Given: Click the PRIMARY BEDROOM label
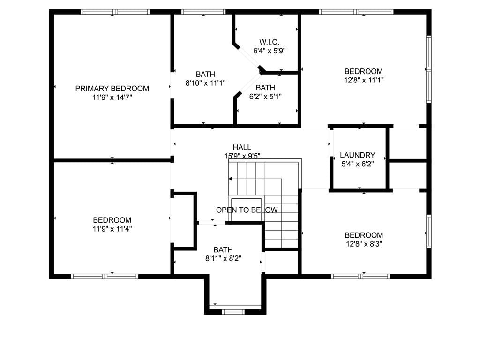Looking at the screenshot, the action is click(112, 89).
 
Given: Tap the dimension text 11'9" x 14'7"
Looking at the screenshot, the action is click(112, 97).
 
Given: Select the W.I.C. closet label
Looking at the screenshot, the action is click(269, 42).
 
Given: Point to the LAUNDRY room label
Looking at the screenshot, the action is click(357, 155).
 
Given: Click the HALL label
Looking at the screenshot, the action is click(242, 147).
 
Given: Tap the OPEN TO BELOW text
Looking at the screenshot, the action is click(247, 210).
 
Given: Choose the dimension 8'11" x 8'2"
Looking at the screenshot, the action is click(223, 258).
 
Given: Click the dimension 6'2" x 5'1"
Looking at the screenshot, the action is click(265, 97).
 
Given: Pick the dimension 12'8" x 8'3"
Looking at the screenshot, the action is click(364, 244).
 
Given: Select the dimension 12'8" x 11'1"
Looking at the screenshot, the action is click(364, 80).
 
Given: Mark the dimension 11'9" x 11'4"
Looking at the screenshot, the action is click(112, 229).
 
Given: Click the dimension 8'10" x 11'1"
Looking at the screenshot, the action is click(205, 82).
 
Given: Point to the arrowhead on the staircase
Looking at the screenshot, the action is click(230, 179).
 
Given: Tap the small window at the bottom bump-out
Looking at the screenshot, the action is click(233, 312).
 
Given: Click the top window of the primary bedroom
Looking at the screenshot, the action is click(115, 12).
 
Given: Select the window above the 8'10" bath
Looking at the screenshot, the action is click(203, 12).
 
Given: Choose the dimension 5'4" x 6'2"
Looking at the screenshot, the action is click(358, 164).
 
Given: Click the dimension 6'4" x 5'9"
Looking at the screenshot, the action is click(270, 51).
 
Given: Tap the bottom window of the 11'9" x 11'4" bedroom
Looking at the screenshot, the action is click(105, 277).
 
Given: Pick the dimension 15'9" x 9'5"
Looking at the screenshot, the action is click(242, 156).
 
